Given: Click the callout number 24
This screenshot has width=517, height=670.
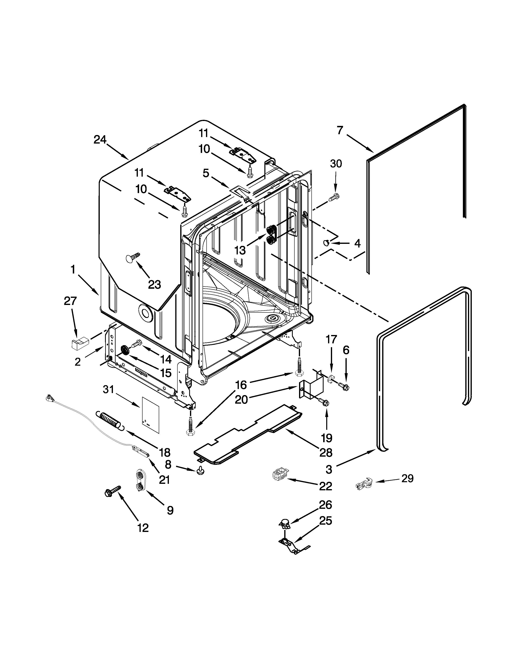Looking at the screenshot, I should (x=100, y=140).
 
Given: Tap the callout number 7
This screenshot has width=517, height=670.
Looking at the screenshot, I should (x=340, y=130).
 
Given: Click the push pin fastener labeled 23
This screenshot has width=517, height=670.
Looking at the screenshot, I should (x=132, y=258).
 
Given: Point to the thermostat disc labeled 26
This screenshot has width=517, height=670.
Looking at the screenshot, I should (x=285, y=524).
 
